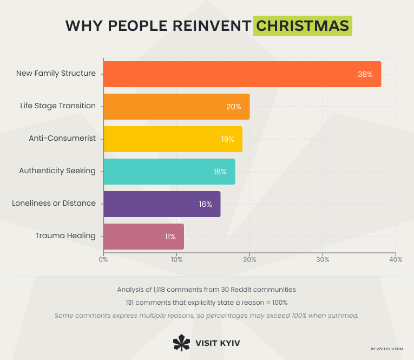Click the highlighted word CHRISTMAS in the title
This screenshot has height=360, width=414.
[x=303, y=26]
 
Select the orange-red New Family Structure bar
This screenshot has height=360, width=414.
[x=242, y=74]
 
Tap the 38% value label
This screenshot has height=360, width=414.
[x=365, y=74]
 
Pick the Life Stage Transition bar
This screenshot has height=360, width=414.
[x=176, y=107]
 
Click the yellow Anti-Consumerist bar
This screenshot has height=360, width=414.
[x=172, y=139]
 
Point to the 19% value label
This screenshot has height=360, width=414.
[x=227, y=139]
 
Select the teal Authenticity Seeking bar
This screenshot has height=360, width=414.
[x=169, y=172]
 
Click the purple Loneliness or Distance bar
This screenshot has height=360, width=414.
[x=161, y=204]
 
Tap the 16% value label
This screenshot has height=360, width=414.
[x=205, y=204]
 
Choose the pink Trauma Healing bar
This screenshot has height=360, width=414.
[x=143, y=237]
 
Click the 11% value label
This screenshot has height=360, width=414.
[x=170, y=237]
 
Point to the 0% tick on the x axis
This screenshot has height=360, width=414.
[x=103, y=259]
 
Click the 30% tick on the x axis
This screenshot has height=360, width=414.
[x=323, y=259]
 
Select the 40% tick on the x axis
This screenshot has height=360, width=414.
[x=395, y=259]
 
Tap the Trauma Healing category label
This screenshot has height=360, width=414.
[x=65, y=235]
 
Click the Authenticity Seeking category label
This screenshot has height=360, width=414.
[x=57, y=171]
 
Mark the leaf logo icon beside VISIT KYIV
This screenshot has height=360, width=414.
[x=181, y=343]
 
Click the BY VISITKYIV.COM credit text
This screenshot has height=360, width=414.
[x=387, y=349]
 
